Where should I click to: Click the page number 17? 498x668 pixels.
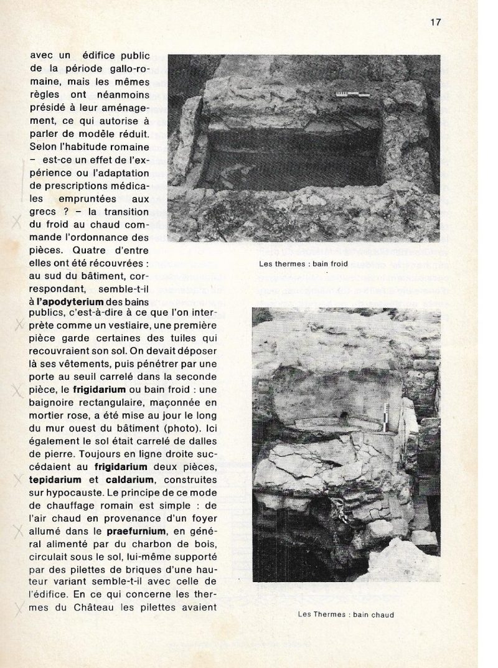(436, 22)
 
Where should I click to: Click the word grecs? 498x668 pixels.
(43, 228)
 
